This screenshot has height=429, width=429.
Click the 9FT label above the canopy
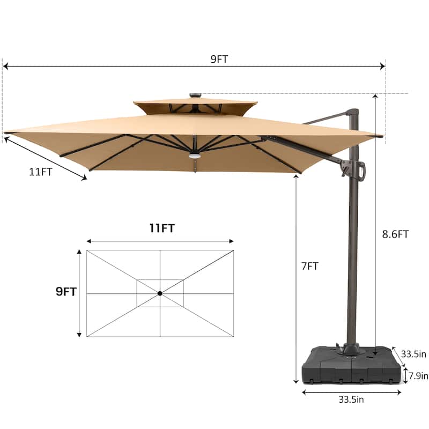[219, 59]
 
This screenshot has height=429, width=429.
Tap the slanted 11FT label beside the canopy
[41, 172]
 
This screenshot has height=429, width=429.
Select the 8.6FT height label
[395, 234]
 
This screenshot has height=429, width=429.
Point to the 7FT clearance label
[310, 266]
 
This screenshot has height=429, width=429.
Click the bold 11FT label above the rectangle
[162, 228]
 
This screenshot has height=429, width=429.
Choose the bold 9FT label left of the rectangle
[66, 292]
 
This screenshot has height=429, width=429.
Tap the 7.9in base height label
[418, 376]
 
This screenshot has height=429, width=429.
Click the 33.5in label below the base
[351, 400]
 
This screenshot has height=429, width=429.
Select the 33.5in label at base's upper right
[413, 354]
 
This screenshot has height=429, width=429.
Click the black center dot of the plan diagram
[160, 293]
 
